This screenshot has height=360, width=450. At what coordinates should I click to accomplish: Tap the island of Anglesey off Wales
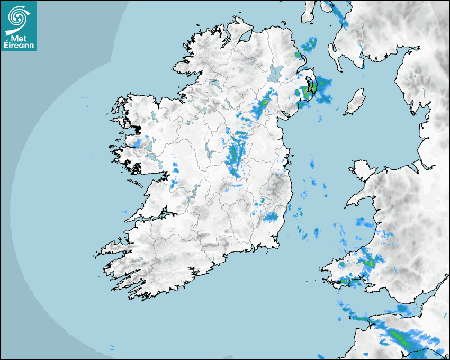(x=362, y=169)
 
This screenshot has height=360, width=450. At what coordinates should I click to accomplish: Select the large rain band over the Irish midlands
(x=235, y=156)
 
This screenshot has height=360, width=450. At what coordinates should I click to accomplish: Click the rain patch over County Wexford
(x=271, y=216)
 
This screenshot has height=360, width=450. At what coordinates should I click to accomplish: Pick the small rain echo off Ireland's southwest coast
(x=112, y=347)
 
